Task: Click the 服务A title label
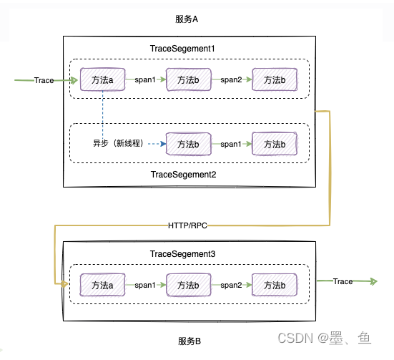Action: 187,19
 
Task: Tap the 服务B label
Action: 189,341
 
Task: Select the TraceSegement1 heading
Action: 182,49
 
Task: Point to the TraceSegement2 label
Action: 184,175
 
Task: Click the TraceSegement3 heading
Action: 182,254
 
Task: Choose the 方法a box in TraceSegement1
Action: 102,79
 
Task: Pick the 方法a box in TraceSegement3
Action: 102,285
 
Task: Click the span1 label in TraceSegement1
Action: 145,79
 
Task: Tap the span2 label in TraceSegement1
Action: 231,79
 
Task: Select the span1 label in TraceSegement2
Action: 231,144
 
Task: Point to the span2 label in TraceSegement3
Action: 231,285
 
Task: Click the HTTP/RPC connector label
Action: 187,225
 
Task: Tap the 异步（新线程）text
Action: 119,143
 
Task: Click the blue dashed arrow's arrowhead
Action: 163,144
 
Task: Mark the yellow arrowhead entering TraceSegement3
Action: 65,284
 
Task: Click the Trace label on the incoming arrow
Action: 44,80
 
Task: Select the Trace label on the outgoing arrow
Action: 343,281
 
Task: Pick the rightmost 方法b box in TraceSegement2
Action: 275,144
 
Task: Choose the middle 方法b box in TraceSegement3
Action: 189,285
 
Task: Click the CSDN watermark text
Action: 295,338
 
